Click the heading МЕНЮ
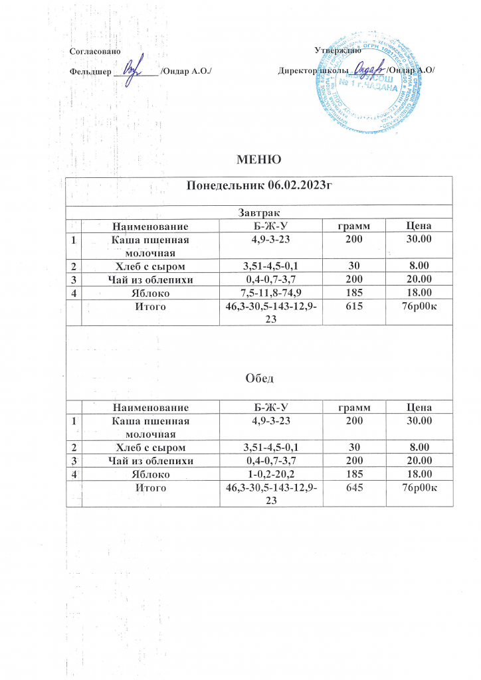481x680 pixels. point(259,159)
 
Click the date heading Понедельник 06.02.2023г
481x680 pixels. point(260,185)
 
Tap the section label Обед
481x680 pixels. point(259,379)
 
